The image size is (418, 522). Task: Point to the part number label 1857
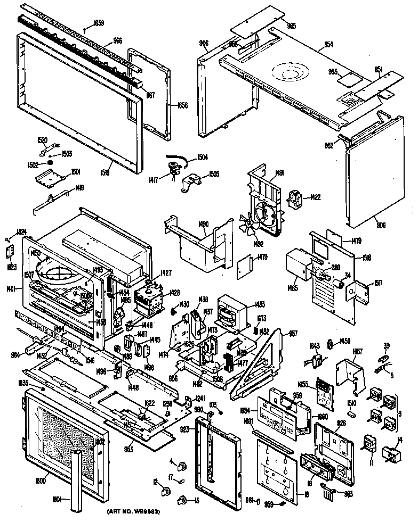point(357,352)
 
